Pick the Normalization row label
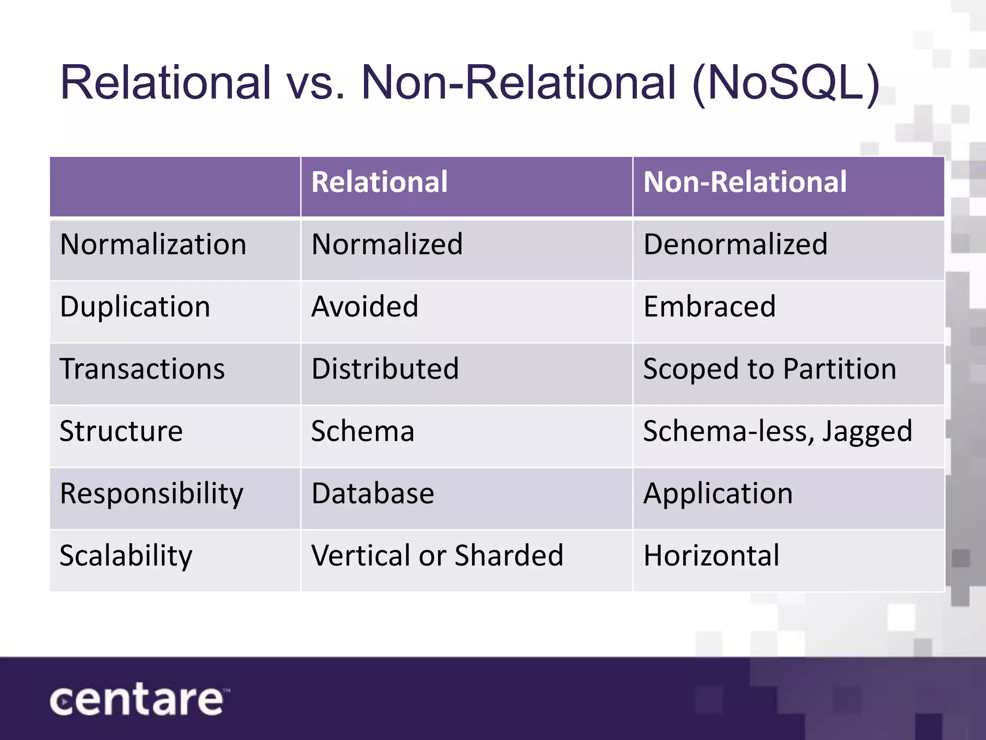coord(153,244)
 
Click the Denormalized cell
coord(735,244)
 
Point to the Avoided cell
coord(364,306)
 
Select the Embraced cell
coord(709,306)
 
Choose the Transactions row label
coord(142,369)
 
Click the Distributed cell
coord(385,369)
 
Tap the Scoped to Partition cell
coord(769,369)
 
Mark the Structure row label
coord(121,431)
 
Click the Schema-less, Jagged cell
coord(778,431)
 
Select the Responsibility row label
coord(151,494)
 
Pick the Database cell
coord(373,494)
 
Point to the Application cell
coord(718,494)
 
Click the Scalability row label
coord(126,555)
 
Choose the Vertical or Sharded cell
coord(437,555)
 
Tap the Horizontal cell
coord(711,555)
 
